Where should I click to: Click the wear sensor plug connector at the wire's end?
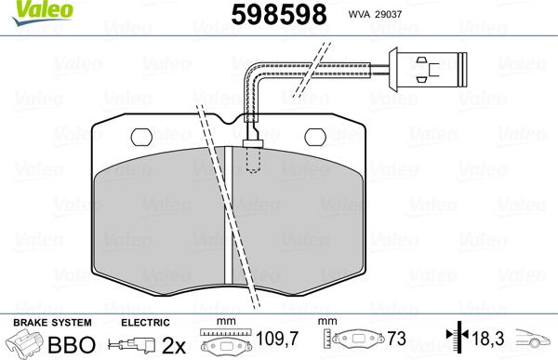(430, 67)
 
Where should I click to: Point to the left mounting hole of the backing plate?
(142, 136)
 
